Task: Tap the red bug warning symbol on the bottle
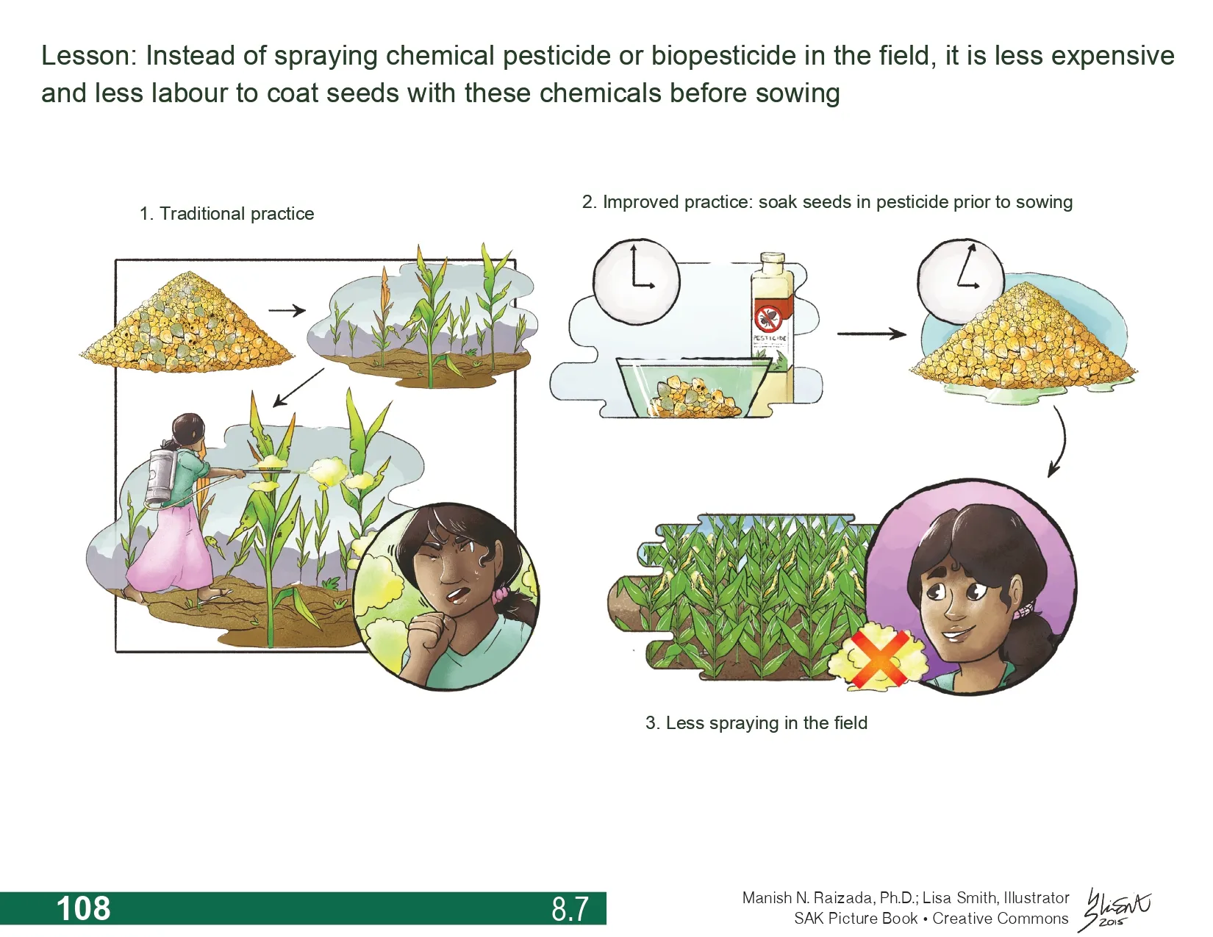[x=769, y=317]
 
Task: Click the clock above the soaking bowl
[x=637, y=281]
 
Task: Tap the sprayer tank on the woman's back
[x=161, y=478]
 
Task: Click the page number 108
[x=84, y=908]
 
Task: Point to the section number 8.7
[x=570, y=908]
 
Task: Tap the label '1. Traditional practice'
[x=226, y=214]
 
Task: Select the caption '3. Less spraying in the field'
[x=756, y=722]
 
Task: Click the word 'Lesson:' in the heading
[x=89, y=56]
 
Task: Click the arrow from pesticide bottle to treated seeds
[x=871, y=334]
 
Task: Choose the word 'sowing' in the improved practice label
[x=1045, y=203]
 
